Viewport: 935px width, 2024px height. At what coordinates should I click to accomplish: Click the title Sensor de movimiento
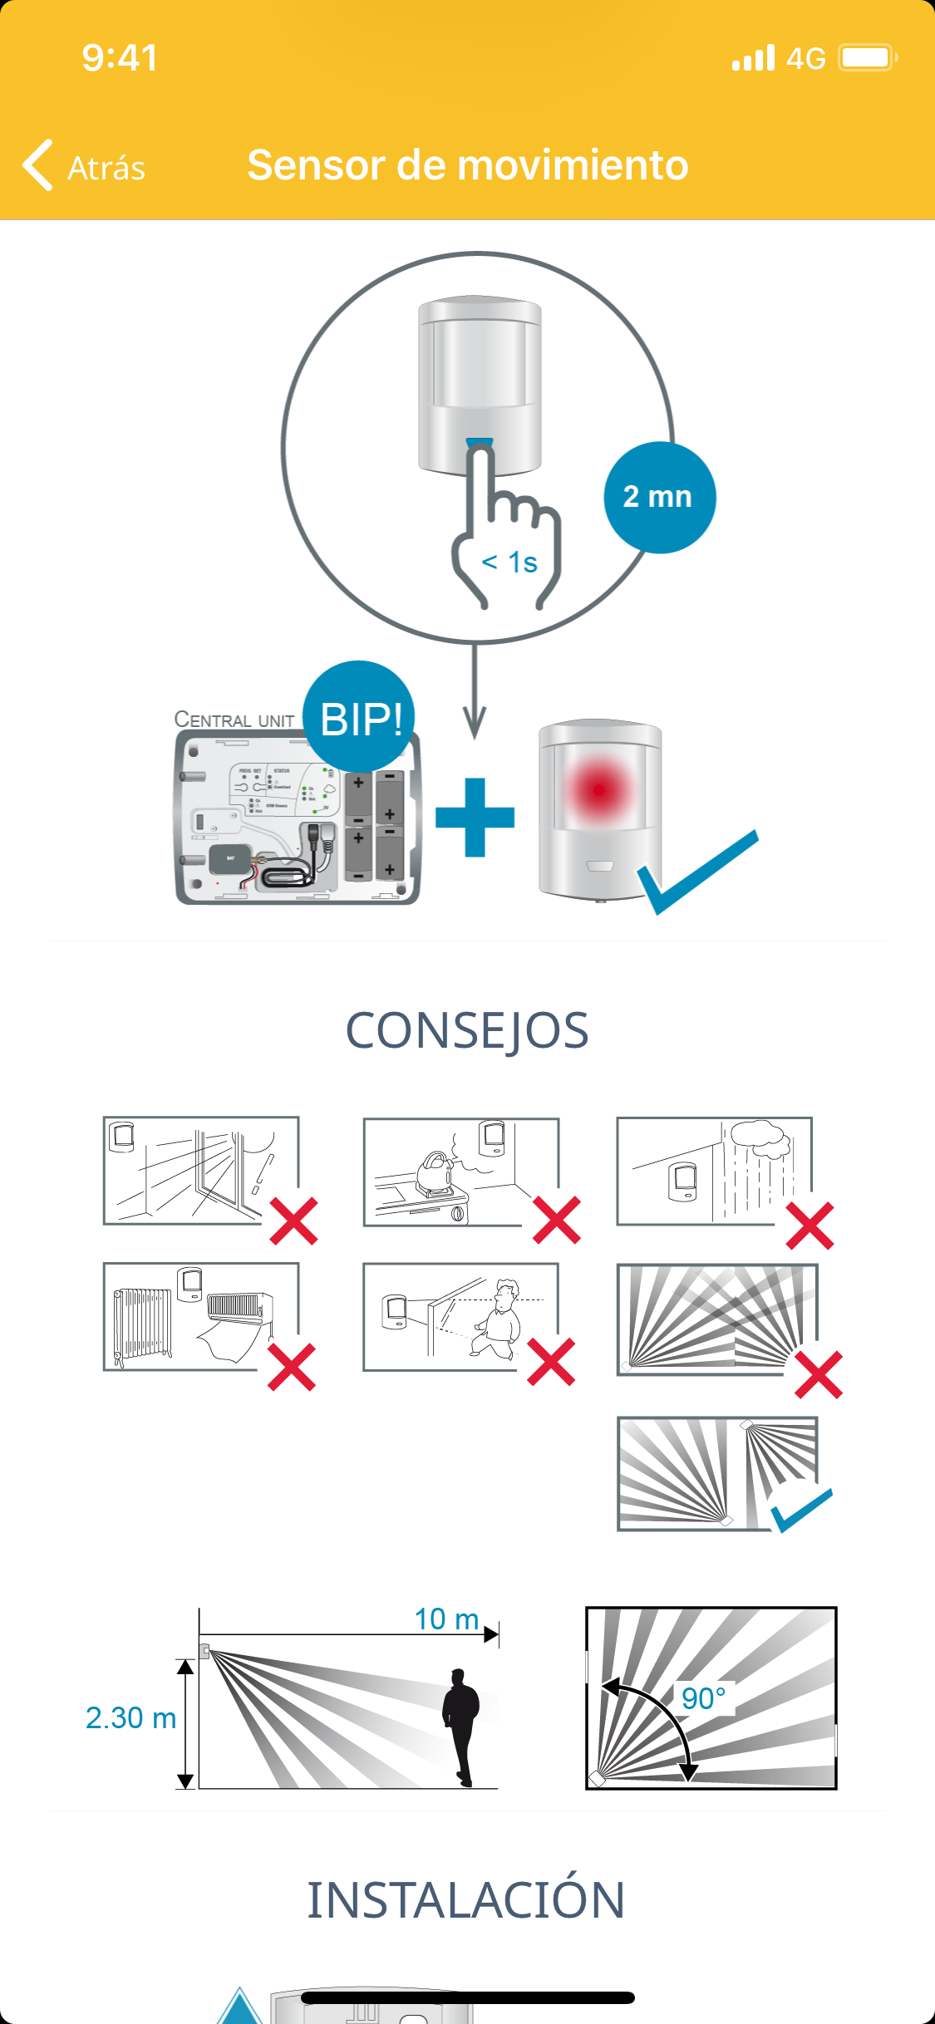pyautogui.click(x=467, y=165)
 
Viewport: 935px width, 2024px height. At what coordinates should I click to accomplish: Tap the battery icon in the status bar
pyautogui.click(x=867, y=58)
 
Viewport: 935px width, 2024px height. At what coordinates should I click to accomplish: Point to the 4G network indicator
pyautogui.click(x=805, y=59)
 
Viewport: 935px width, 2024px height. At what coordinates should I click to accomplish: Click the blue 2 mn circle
pyautogui.click(x=659, y=497)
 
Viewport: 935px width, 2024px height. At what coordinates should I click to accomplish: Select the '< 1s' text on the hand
pyautogui.click(x=509, y=562)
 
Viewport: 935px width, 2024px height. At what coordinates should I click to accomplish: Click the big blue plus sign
pyautogui.click(x=475, y=817)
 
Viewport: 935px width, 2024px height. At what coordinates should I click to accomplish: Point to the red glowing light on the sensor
pyautogui.click(x=598, y=788)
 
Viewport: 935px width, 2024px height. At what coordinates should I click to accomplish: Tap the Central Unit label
pyautogui.click(x=234, y=720)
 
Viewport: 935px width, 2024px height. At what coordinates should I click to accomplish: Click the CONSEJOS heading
pyautogui.click(x=467, y=1030)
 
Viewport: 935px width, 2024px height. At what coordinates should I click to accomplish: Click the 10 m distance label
pyautogui.click(x=447, y=1619)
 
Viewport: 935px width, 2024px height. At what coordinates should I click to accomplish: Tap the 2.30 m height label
pyautogui.click(x=130, y=1717)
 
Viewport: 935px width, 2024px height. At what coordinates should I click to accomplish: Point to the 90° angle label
pyautogui.click(x=703, y=1698)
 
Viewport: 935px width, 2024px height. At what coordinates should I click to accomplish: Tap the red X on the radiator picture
pyautogui.click(x=292, y=1367)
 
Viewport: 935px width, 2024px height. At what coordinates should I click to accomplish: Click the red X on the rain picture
pyautogui.click(x=810, y=1226)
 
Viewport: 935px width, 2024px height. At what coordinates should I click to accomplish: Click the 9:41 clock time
pyautogui.click(x=120, y=57)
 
